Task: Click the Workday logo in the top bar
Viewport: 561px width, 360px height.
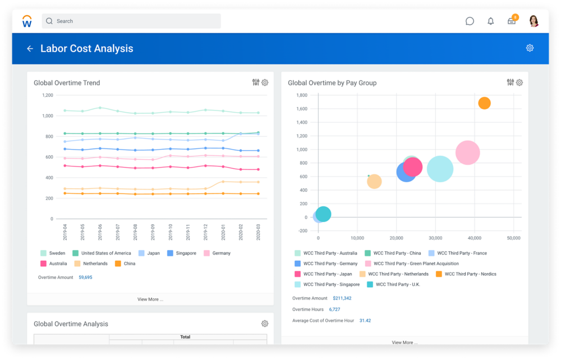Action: [27, 21]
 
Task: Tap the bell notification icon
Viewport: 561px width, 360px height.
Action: [491, 21]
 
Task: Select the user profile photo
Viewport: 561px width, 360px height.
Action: [534, 21]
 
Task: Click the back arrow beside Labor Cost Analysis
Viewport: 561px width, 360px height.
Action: [30, 49]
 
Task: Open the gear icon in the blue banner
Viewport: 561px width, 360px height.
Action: [530, 48]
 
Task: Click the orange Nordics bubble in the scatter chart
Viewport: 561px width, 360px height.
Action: [484, 103]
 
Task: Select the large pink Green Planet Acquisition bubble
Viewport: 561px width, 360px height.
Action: [467, 153]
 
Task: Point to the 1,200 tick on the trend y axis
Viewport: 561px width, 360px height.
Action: [47, 95]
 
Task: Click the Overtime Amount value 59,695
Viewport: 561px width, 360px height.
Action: [85, 278]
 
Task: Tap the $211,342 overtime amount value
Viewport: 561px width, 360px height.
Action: [342, 298]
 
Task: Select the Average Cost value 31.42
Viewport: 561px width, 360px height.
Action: [365, 321]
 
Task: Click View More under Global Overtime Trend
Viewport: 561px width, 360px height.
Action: [150, 299]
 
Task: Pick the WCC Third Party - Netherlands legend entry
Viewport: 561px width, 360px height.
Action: [393, 274]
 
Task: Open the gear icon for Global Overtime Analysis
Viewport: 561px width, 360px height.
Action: [265, 324]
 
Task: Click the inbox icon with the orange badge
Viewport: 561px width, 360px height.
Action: [512, 21]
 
